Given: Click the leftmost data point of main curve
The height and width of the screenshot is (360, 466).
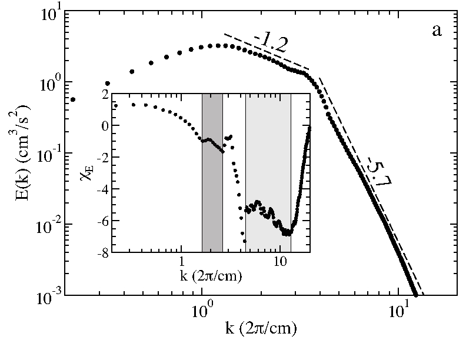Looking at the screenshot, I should click(73, 99).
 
